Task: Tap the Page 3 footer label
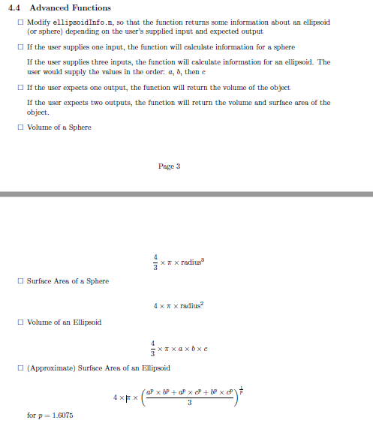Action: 169,166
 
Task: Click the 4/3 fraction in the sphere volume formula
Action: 155,265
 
